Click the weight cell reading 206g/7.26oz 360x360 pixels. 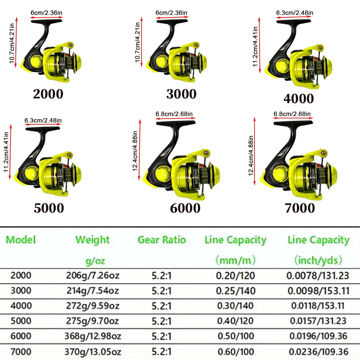pos(93,275)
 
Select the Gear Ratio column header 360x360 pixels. pos(162,240)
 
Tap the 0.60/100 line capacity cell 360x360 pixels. pos(236,351)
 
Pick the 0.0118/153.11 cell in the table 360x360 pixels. pos(318,306)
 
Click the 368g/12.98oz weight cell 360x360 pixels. pos(93,336)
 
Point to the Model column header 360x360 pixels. pos(21,240)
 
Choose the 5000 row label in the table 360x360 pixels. pos(21,321)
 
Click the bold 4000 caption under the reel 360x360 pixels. pos(298,99)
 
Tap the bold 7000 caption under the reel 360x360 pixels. pos(300,208)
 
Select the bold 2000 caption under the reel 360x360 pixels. pos(48,94)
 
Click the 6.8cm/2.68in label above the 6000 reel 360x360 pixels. pos(174,114)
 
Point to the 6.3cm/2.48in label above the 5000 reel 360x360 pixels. pos(43,120)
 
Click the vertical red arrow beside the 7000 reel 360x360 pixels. pos(255,151)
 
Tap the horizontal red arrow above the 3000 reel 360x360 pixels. pos(172,17)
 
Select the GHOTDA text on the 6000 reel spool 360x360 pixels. pos(196,176)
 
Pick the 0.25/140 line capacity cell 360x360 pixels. pos(236,291)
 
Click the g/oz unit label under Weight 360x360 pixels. pos(95,261)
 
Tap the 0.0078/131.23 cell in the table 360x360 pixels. pos(318,275)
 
